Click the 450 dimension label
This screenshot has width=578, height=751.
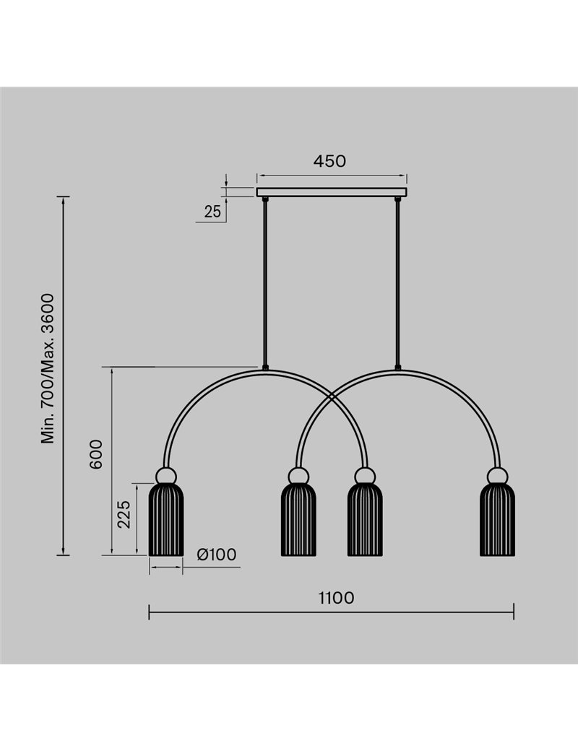[x=329, y=161]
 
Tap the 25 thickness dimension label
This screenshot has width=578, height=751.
[x=212, y=211]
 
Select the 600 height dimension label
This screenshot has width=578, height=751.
[x=96, y=454]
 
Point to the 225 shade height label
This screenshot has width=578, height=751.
[x=124, y=514]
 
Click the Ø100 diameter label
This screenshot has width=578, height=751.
[x=217, y=554]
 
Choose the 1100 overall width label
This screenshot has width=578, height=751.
[x=337, y=598]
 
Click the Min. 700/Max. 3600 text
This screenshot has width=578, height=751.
[x=48, y=368]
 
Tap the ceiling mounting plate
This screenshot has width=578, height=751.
[x=332, y=192]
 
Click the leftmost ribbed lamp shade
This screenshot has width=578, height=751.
[x=166, y=519]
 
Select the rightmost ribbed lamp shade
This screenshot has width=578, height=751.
[x=498, y=519]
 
